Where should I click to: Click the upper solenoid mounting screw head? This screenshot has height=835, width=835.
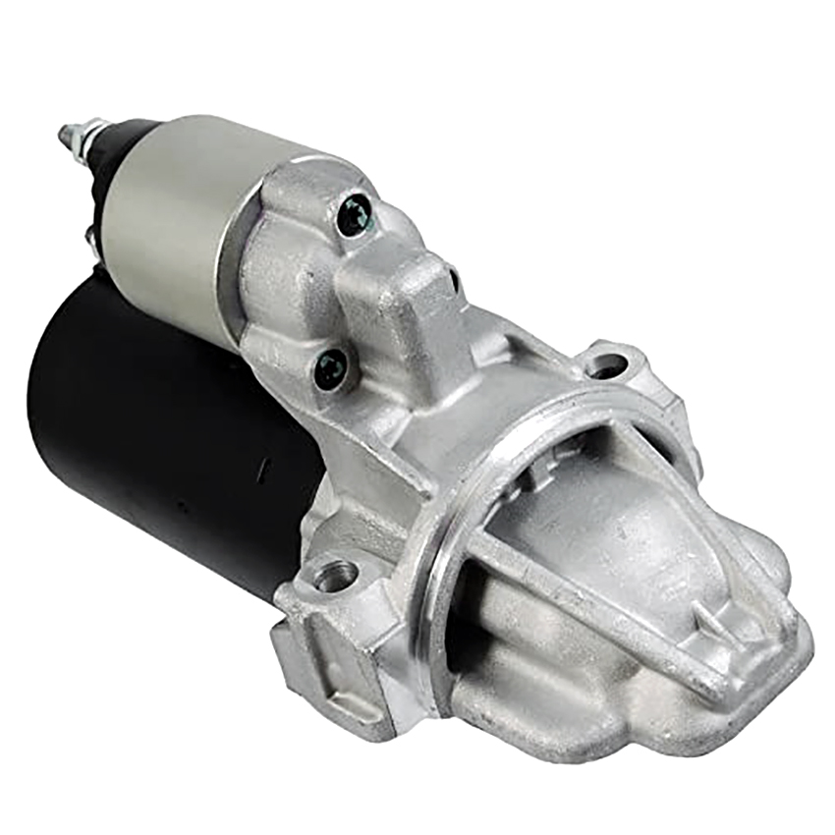point(354,214)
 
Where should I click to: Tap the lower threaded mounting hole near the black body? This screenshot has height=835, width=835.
point(334,575)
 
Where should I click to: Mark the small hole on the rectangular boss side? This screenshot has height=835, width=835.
point(453,280)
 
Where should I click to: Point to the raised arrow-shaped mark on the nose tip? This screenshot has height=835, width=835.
point(716,622)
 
